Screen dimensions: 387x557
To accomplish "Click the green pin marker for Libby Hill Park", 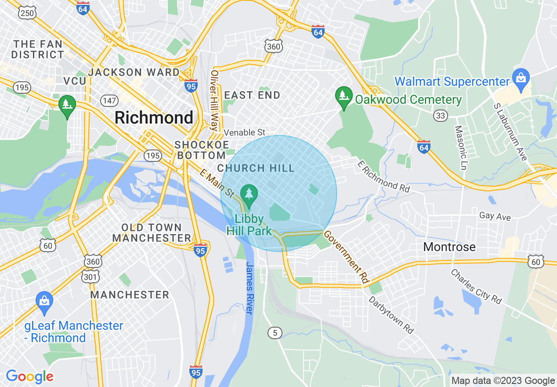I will tap(249, 196).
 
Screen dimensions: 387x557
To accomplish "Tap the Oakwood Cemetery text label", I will tap(408, 100).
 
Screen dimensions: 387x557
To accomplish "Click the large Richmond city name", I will tap(154, 118).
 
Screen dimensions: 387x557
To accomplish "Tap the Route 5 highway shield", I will tap(275, 333).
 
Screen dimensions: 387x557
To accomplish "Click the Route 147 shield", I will tap(109, 101).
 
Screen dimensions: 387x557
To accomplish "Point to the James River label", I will tap(250, 288).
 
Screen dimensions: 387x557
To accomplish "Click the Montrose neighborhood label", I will tap(449, 247).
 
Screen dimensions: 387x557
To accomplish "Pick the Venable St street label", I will tap(245, 132).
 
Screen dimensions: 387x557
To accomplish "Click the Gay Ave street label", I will tap(495, 216).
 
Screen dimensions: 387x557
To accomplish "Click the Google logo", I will tap(29, 376).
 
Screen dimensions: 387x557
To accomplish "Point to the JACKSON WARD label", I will tap(134, 72).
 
